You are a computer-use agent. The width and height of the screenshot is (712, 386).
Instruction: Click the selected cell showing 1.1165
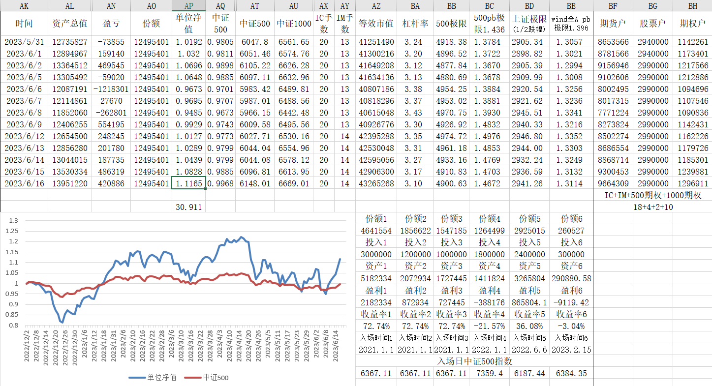(188, 183)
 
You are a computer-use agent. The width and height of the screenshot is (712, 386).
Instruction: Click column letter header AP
(188, 6)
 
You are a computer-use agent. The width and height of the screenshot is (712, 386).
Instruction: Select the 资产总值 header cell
(69, 24)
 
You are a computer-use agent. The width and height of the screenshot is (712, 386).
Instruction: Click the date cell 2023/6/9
(24, 124)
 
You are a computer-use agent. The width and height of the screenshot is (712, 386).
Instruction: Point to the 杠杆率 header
(414, 24)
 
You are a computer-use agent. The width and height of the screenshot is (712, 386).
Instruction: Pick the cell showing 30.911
(188, 207)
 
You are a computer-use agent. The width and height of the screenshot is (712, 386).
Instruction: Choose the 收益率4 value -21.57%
(489, 326)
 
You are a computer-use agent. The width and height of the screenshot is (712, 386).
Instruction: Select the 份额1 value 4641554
(376, 231)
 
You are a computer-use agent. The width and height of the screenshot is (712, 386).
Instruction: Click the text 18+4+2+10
(652, 207)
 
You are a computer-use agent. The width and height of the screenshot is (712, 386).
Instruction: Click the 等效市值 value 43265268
(376, 183)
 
